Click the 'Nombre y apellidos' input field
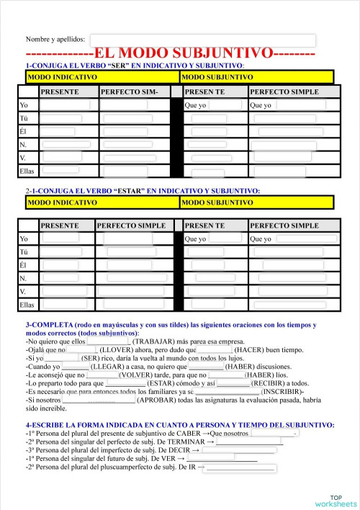tap(202, 40)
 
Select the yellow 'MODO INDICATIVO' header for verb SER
tap(102, 76)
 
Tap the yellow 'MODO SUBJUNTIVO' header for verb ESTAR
tap(256, 203)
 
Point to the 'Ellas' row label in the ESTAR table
tap(27, 305)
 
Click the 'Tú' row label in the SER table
tap(24, 119)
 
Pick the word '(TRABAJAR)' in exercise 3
tap(157, 341)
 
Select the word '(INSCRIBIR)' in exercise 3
tap(289, 392)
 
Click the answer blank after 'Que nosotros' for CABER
tap(273, 434)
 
